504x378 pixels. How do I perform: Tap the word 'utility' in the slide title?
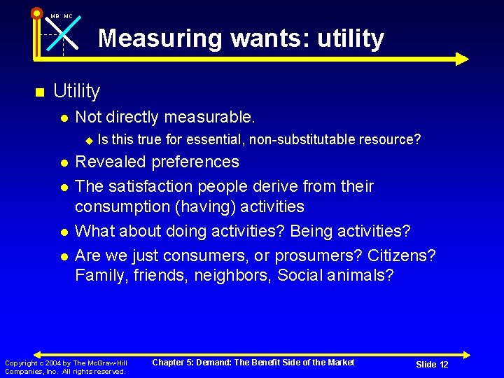(x=350, y=38)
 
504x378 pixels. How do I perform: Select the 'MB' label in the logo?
(x=55, y=16)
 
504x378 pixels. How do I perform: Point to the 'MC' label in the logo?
(x=68, y=16)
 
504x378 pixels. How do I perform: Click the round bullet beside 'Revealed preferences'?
(x=64, y=163)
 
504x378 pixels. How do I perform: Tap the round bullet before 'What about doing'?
(x=64, y=232)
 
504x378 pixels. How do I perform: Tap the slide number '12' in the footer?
(x=443, y=364)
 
